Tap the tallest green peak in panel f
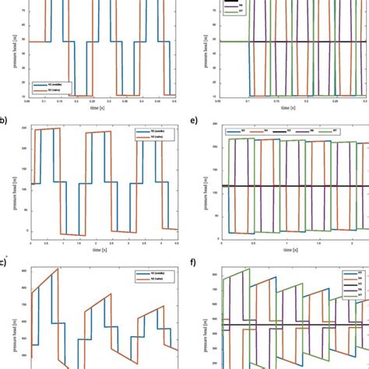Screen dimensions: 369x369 (x=249, y=269)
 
